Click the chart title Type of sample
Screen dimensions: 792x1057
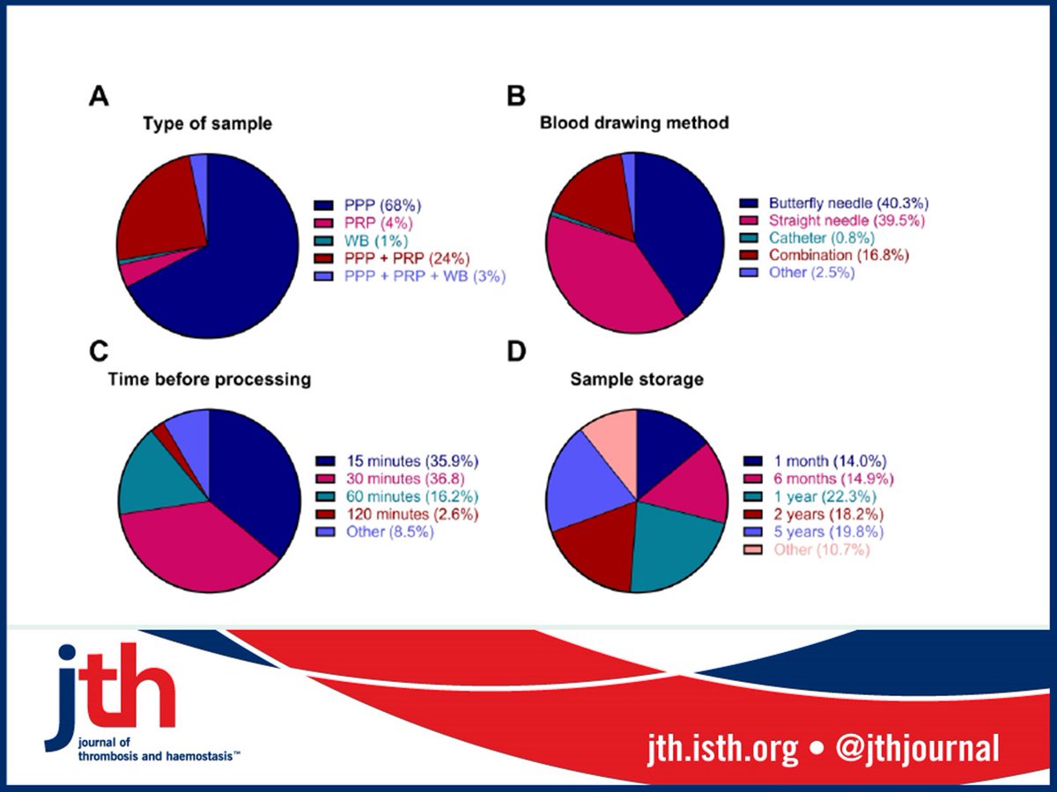point(207,124)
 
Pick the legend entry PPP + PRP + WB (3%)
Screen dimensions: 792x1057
point(410,275)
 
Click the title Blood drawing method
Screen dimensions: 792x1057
point(634,123)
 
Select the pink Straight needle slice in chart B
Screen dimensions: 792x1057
point(599,282)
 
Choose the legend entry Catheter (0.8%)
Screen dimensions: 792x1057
point(809,238)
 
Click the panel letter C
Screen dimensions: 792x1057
point(99,350)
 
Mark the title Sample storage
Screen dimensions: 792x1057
point(636,379)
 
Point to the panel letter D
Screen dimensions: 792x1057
point(517,350)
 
